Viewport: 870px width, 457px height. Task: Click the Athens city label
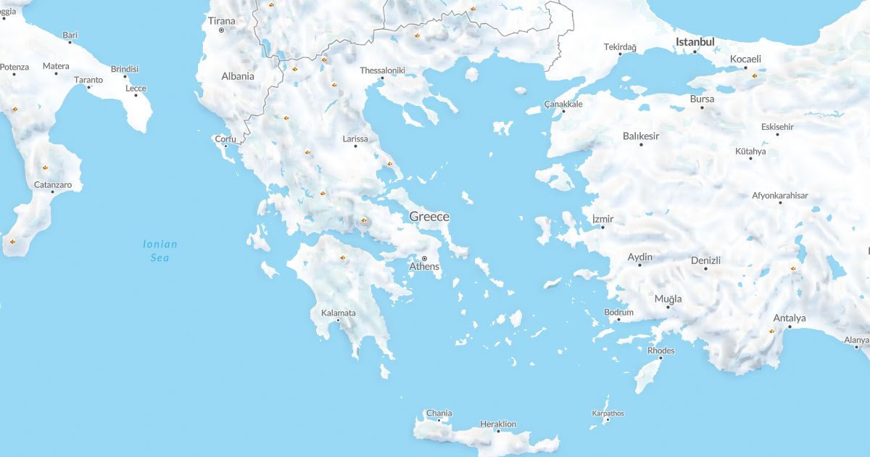click(424, 267)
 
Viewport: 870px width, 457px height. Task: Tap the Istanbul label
click(695, 42)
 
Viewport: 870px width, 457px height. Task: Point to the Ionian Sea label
click(159, 251)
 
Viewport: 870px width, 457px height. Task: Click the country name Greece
click(429, 216)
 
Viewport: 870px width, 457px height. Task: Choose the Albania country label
click(238, 76)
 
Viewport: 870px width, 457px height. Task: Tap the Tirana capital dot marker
click(222, 30)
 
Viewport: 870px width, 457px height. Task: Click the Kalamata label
click(338, 313)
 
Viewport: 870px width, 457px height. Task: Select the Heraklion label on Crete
click(498, 424)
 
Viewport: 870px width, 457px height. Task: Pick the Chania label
click(439, 413)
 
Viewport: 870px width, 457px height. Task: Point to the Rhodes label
click(660, 350)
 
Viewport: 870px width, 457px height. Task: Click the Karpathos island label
click(608, 413)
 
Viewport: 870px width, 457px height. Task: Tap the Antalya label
click(790, 318)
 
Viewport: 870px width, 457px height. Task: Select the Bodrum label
click(618, 313)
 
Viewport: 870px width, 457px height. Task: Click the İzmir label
click(602, 218)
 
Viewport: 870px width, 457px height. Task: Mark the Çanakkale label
click(563, 104)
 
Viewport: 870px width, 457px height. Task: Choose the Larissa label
click(355, 139)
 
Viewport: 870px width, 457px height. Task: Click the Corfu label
click(225, 139)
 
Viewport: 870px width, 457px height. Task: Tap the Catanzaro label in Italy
click(53, 185)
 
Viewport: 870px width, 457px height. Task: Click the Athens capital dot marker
click(425, 258)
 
